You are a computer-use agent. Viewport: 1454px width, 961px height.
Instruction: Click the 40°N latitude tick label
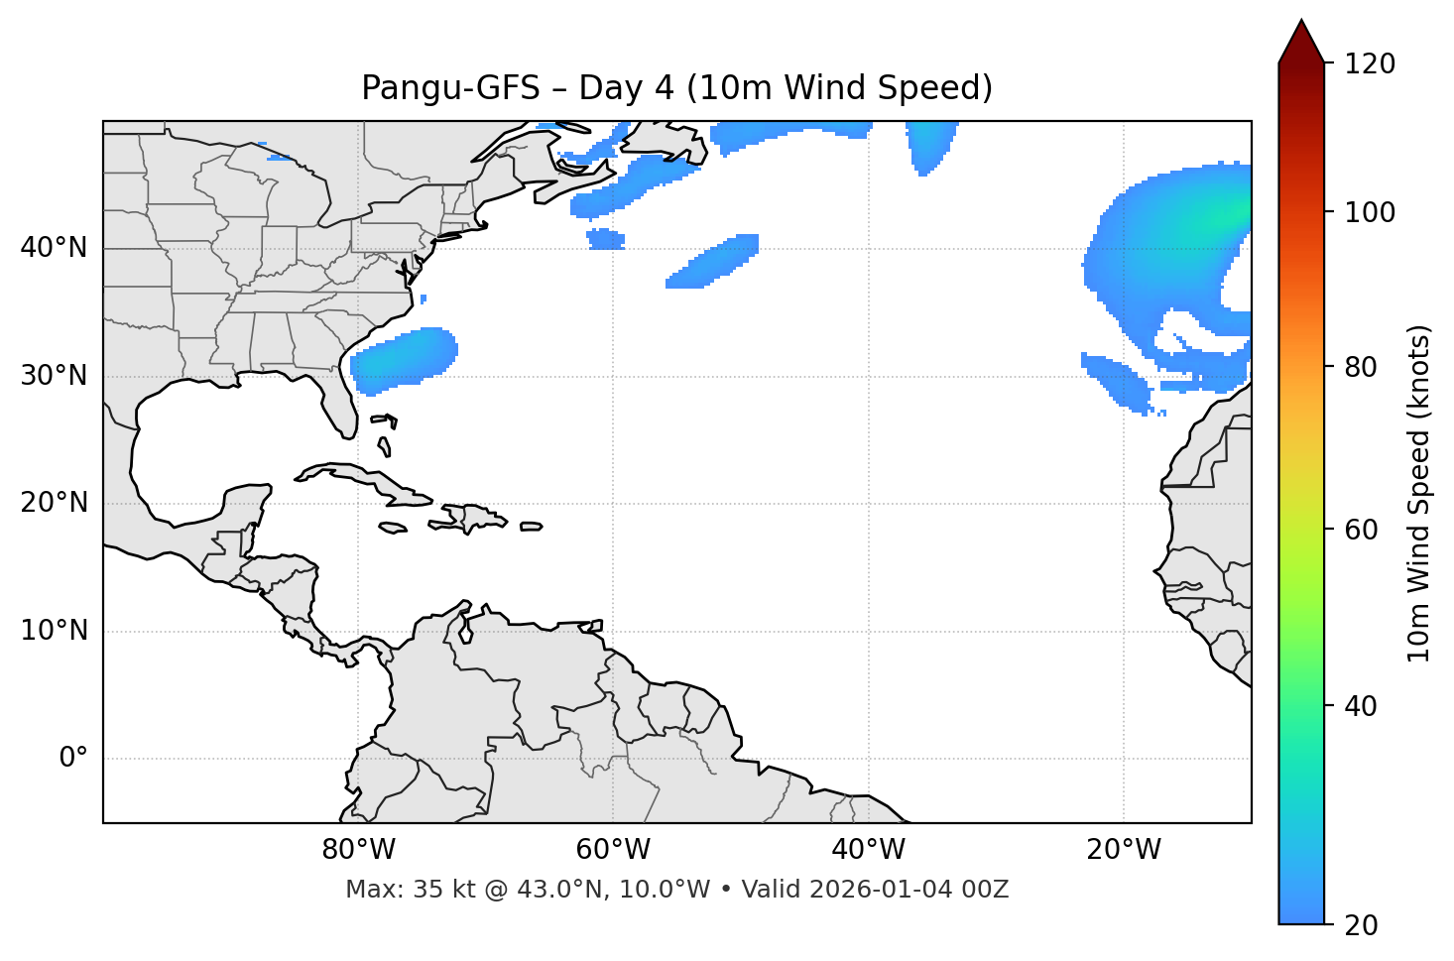tap(54, 247)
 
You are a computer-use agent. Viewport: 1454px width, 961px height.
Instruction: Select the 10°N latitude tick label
tap(54, 631)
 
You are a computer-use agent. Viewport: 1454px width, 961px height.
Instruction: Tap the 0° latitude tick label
tap(73, 759)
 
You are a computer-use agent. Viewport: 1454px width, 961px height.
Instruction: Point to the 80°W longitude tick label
tap(358, 850)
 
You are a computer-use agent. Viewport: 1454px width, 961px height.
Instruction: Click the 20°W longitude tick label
tap(1124, 850)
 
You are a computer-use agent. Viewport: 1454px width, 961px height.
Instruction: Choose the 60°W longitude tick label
tap(613, 850)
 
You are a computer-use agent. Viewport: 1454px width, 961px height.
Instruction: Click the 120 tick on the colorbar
tap(1370, 64)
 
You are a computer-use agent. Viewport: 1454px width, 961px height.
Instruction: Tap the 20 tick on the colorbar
tap(1361, 924)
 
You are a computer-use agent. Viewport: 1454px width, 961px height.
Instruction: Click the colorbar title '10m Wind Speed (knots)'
tap(1419, 493)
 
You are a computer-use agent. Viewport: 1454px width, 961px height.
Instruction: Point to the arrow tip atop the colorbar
tap(1301, 22)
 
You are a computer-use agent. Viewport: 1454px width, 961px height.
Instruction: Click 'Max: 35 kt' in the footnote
tap(394, 890)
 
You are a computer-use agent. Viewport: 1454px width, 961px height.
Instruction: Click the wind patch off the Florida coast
tap(405, 359)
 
